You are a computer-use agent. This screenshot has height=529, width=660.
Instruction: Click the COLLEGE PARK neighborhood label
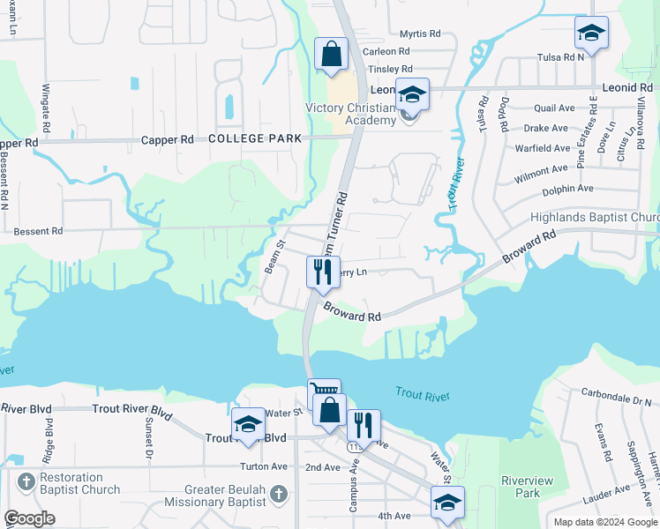pyautogui.click(x=255, y=139)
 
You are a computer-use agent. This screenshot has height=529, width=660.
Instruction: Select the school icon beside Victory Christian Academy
pyautogui.click(x=412, y=93)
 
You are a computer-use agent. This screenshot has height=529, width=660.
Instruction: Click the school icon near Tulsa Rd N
pyautogui.click(x=591, y=34)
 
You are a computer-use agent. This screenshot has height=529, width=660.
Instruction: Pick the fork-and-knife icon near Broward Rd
pyautogui.click(x=323, y=271)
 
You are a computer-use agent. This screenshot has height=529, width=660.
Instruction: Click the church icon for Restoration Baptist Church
pyautogui.click(x=26, y=482)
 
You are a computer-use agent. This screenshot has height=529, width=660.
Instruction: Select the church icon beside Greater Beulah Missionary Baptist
pyautogui.click(x=279, y=490)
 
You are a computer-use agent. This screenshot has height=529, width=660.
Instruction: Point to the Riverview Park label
pyautogui.click(x=520, y=487)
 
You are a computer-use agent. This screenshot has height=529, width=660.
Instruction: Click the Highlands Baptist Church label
pyautogui.click(x=594, y=218)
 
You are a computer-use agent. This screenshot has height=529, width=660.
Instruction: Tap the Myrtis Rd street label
pyautogui.click(x=419, y=34)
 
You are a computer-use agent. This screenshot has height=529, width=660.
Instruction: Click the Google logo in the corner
pyautogui.click(x=30, y=518)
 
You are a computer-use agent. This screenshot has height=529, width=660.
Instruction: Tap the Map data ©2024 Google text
pyautogui.click(x=604, y=522)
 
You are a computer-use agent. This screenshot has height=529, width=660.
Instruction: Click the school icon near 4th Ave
pyautogui.click(x=447, y=503)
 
